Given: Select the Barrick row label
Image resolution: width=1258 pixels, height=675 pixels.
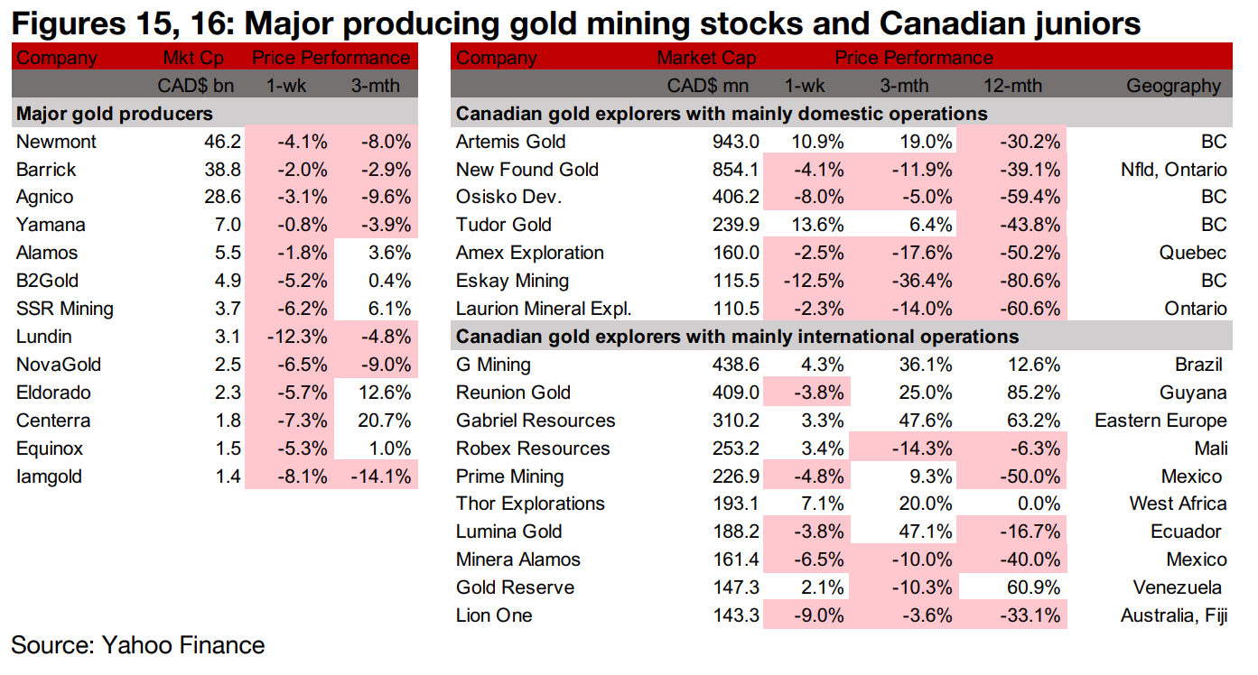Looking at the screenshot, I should (x=46, y=170).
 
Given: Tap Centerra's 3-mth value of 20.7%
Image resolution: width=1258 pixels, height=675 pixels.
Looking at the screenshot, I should (x=385, y=421).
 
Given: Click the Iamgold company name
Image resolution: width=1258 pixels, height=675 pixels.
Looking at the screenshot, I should (x=49, y=476).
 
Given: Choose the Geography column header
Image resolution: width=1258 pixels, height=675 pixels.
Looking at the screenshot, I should (x=1173, y=87).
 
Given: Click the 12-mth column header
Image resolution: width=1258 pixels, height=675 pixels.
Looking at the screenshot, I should (x=1013, y=87).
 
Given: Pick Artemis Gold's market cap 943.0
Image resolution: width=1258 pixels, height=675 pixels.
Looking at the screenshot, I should (x=735, y=142).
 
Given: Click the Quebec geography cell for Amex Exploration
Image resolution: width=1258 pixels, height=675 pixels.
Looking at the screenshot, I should (x=1193, y=253).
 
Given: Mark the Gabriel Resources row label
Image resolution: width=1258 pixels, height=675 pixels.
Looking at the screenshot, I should (x=536, y=421).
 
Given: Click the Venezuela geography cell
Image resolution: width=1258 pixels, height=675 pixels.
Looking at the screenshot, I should (x=1179, y=587).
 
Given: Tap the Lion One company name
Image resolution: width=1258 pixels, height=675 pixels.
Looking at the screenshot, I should (x=494, y=615).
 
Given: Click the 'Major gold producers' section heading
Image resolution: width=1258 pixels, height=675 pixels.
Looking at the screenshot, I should (x=115, y=114).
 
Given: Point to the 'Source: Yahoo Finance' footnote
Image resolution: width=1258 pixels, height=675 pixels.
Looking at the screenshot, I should (x=138, y=645).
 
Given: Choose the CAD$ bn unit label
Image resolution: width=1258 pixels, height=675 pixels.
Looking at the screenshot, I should (x=191, y=87).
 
